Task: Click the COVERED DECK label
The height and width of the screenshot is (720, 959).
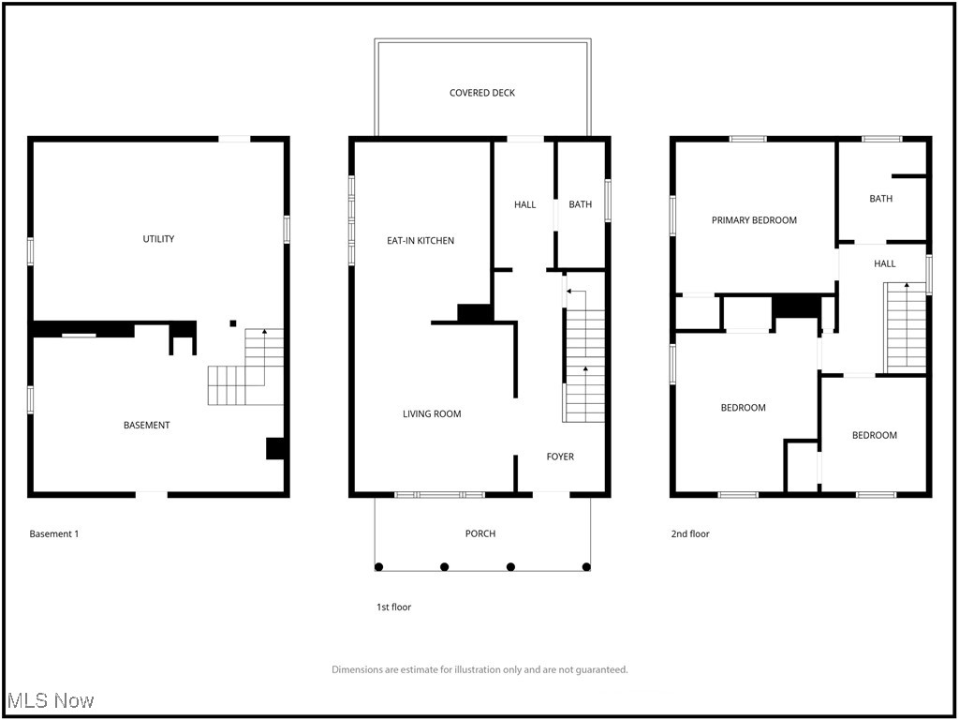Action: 481,93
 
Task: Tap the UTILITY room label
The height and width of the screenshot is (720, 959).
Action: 158,239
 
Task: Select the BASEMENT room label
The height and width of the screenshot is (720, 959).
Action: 147,426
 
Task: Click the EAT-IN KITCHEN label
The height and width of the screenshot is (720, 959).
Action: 420,241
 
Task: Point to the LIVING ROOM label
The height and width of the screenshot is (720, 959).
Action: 432,413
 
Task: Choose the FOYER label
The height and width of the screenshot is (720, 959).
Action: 560,457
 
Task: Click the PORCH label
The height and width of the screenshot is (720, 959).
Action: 480,533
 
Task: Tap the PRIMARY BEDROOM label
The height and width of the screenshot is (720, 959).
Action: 754,220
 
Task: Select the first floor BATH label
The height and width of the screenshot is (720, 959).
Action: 580,204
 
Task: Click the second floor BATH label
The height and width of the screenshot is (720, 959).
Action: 880,199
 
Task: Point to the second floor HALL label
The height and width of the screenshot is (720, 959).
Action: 884,264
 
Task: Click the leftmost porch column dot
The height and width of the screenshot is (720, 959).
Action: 378,566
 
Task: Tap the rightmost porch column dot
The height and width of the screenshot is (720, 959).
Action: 586,566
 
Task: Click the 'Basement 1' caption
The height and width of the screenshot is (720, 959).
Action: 54,534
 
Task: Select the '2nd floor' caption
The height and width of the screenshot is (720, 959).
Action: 690,534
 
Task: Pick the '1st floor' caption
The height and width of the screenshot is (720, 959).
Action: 393,607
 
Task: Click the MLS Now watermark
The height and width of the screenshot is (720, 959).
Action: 50,700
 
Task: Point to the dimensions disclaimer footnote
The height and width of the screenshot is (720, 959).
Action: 479,669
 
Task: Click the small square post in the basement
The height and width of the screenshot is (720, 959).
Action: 232,324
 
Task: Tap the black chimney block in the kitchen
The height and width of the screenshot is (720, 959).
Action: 475,313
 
